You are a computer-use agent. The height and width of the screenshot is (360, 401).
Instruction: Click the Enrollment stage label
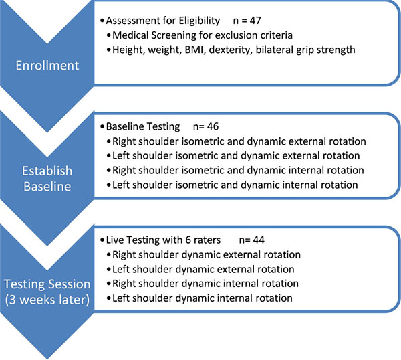click(47, 66)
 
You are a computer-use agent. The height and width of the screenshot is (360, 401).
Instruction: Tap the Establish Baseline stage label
click(47, 179)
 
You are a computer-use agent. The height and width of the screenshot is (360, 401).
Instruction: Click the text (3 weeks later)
click(47, 300)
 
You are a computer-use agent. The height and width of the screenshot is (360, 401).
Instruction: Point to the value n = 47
click(247, 21)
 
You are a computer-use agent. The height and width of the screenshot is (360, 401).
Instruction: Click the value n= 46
click(206, 126)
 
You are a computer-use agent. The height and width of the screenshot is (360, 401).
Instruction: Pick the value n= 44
click(252, 240)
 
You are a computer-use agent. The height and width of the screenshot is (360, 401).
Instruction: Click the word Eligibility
click(199, 21)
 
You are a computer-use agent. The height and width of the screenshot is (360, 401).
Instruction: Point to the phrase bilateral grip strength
click(305, 50)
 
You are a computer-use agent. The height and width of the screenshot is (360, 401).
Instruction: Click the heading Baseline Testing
click(143, 126)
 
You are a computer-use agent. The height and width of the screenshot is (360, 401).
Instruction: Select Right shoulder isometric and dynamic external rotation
click(239, 141)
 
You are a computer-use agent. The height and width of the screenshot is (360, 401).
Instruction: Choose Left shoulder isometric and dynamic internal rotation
click(235, 185)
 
